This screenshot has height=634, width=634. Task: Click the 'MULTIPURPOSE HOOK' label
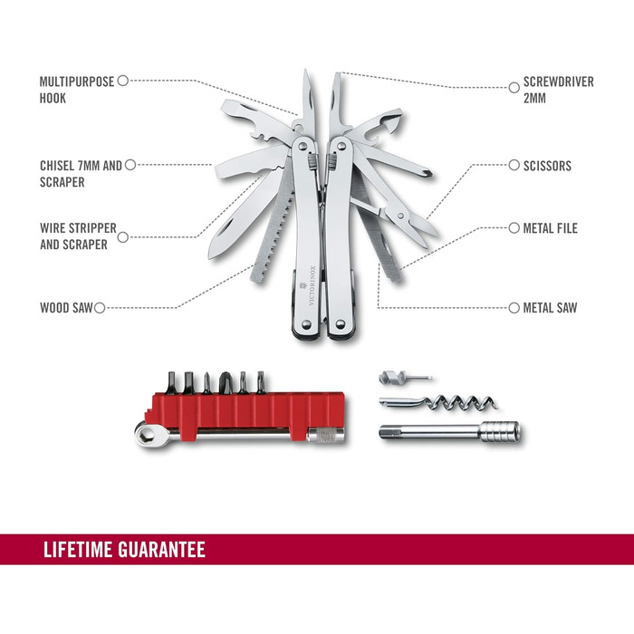coord(76,89)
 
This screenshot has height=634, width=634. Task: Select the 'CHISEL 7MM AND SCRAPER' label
coord(80,174)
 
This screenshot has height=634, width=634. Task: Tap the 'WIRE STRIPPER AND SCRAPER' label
coord(78,236)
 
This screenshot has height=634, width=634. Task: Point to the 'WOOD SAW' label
coord(66,308)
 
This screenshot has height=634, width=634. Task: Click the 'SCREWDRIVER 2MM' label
coord(558,89)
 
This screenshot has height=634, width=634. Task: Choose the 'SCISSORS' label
coord(547,166)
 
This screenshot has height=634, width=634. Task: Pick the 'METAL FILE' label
coord(550,228)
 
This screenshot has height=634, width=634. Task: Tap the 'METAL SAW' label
coord(550,308)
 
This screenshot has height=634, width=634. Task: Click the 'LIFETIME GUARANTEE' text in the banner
coord(124,550)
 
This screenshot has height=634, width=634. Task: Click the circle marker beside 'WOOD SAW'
coord(100,308)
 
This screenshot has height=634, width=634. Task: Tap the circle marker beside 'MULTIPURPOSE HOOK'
coord(123,81)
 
